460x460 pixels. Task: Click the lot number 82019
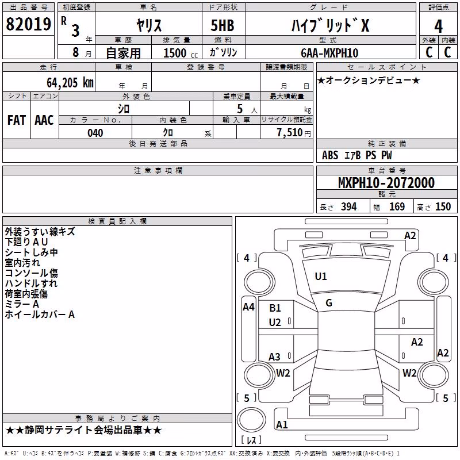pos(28,24)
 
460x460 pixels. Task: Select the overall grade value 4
pos(438,26)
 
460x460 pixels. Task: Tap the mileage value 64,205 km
pos(70,83)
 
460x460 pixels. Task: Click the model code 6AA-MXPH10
pos(329,53)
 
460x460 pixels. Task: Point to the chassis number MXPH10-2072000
pos(386,183)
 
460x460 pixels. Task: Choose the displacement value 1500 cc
pos(181,53)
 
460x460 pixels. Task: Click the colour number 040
pos(95,133)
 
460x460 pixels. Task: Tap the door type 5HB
pos(223,25)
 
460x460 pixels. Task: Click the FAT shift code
pos(17,120)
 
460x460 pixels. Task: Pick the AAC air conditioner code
pos(44,120)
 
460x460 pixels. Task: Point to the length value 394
pos(349,206)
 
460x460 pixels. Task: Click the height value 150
pos(443,206)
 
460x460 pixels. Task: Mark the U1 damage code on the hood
pos(321,276)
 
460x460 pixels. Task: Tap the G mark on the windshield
pos(329,303)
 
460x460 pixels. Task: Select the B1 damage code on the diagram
pos(275,308)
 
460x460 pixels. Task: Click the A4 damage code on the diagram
pos(248,307)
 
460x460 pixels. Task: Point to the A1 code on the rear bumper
pos(282,424)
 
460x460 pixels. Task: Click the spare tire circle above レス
pos(251,419)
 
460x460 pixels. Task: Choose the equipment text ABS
pos(330,155)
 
